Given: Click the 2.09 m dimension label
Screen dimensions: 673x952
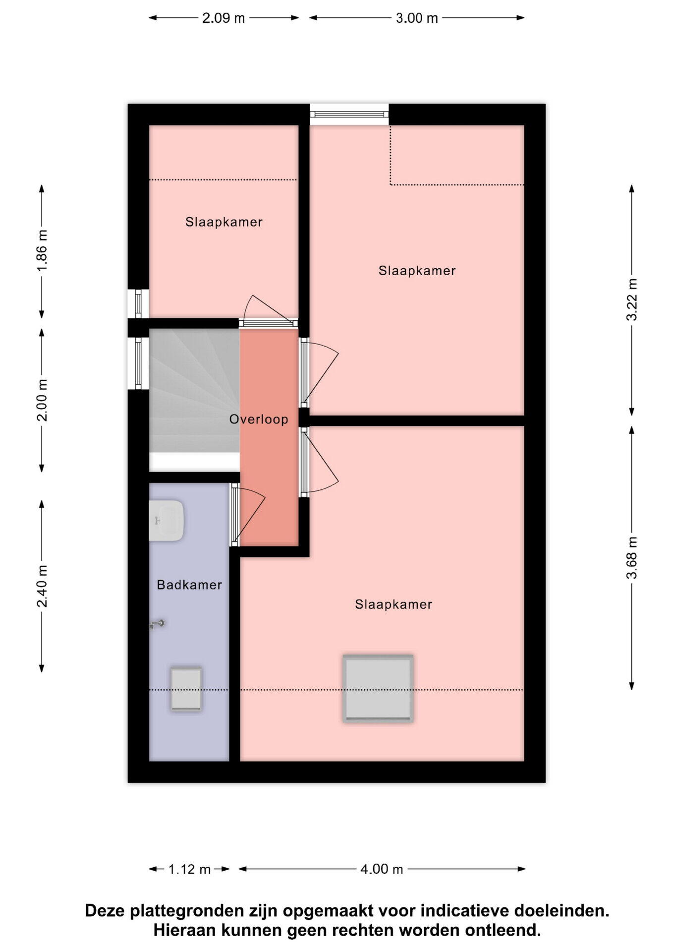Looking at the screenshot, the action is click(x=224, y=18).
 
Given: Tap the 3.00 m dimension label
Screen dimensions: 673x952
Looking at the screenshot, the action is click(x=417, y=18).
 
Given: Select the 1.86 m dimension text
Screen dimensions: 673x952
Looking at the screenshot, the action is click(x=42, y=250).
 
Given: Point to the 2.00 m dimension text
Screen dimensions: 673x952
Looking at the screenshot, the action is click(x=42, y=400).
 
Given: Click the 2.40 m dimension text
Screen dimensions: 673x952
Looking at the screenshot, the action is click(x=42, y=586).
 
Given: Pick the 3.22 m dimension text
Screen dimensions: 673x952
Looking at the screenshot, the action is click(x=632, y=299).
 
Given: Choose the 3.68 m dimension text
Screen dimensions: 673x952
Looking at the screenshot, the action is click(x=632, y=558).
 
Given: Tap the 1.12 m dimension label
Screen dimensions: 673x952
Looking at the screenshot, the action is click(x=190, y=869).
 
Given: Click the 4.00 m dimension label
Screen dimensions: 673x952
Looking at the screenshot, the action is click(x=382, y=869).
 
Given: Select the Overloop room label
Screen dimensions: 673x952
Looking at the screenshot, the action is click(x=259, y=419).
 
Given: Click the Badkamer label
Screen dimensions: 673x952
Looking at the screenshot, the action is click(x=189, y=585).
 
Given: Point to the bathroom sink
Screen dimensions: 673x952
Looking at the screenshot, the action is click(x=167, y=521).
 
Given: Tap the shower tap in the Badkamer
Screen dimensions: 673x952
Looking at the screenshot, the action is click(x=157, y=625).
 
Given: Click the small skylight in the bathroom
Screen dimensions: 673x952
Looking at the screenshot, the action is click(x=186, y=689).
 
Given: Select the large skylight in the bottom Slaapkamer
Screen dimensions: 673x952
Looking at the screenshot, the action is click(x=378, y=688).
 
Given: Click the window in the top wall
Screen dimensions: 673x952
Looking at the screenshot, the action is click(x=349, y=115).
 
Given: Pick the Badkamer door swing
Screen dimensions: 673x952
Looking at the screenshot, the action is click(x=248, y=516).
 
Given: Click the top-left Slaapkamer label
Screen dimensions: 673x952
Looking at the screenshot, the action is click(x=224, y=222).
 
